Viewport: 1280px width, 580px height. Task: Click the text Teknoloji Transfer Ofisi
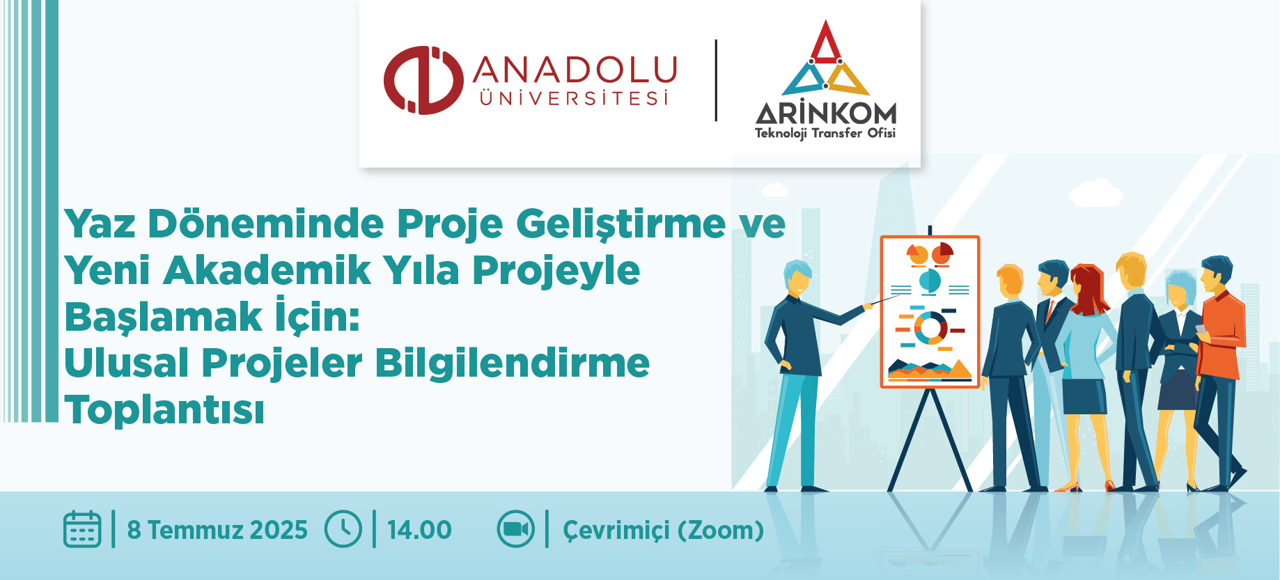click(x=825, y=133)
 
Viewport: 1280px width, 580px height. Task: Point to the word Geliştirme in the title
click(x=621, y=225)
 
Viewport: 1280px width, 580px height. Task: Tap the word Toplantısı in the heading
click(x=164, y=409)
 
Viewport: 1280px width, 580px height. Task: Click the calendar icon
click(x=82, y=529)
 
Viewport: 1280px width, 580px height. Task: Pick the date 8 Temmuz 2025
click(x=217, y=530)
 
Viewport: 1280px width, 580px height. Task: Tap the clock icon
click(x=343, y=529)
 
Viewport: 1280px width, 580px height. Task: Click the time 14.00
click(x=419, y=530)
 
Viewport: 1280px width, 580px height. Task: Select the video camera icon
click(x=515, y=529)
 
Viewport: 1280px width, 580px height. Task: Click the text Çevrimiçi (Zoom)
click(x=663, y=531)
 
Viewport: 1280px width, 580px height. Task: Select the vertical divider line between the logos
click(x=717, y=81)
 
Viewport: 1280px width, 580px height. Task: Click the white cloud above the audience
click(x=1095, y=192)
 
